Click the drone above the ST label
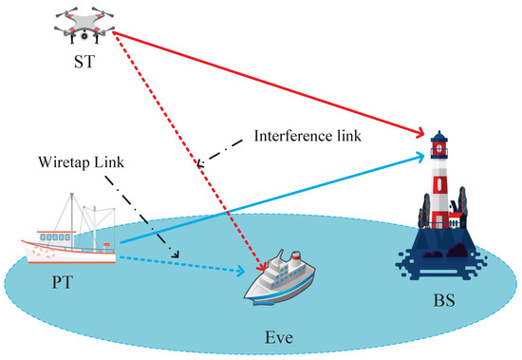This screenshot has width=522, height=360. [x=84, y=27]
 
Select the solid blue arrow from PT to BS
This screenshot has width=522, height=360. [x=275, y=197]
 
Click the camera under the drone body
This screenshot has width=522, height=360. [x=84, y=37]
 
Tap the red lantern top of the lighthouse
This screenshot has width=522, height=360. [x=438, y=146]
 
